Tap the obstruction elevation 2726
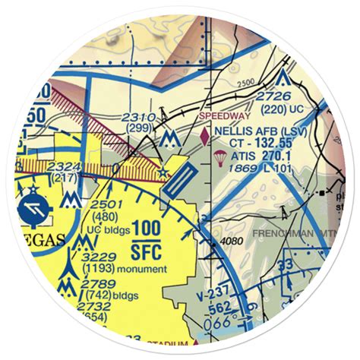[x=274, y=96]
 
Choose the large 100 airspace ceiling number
[x=145, y=228]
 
